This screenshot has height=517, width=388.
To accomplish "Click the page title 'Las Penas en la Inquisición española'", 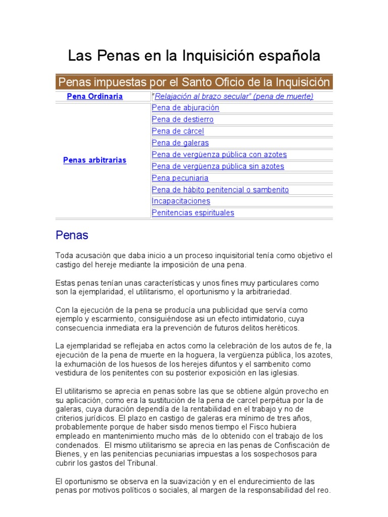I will (194, 56).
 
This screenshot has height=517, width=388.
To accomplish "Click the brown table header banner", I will (194, 82).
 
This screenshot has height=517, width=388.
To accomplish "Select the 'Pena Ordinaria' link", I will (95, 96).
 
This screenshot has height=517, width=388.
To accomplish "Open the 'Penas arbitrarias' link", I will (94, 160).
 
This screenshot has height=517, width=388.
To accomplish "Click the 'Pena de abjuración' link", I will (185, 108).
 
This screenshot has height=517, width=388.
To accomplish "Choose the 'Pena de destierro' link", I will (182, 120).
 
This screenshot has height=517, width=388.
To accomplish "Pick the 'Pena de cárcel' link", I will (178, 131).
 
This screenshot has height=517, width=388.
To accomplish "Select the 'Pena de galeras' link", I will (180, 143).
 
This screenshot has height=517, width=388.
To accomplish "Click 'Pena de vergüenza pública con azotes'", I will (219, 154).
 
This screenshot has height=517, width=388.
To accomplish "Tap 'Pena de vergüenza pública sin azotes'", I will (218, 166).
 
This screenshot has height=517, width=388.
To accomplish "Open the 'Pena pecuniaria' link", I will (180, 178).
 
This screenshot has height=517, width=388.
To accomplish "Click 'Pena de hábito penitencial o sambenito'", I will (220, 190).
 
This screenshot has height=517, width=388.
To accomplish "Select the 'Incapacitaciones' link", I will (181, 201).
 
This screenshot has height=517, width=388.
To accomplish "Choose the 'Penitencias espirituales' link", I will (193, 213).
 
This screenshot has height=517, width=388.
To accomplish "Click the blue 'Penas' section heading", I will (72, 235).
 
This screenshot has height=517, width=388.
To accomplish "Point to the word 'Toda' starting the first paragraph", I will (64, 256).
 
